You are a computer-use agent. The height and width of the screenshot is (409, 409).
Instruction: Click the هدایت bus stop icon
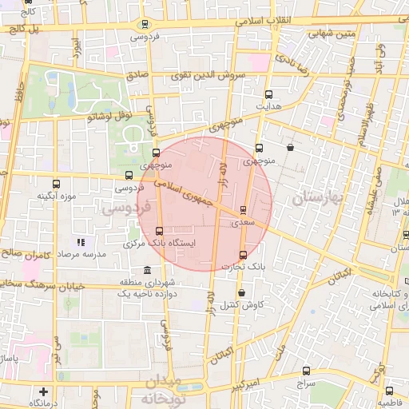(x=268, y=93)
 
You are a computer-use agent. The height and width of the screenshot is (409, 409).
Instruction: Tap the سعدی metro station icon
(x=243, y=210)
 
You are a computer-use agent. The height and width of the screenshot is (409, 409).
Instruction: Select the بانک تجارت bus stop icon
(x=243, y=255)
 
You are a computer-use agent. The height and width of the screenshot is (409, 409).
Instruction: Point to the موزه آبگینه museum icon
(x=56, y=185)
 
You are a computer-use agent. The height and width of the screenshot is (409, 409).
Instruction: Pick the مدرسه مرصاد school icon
(x=80, y=241)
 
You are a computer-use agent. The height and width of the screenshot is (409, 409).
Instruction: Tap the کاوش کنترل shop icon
(x=242, y=293)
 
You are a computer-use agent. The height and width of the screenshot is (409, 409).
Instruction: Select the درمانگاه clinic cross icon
(x=43, y=391)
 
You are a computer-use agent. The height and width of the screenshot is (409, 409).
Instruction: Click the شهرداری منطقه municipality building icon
(x=145, y=272)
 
